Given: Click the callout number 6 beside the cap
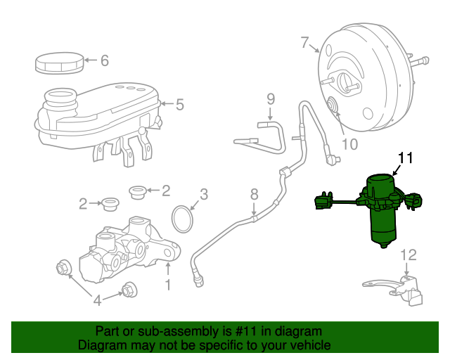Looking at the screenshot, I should (x=104, y=60).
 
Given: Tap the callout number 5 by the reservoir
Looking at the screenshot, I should (x=179, y=105).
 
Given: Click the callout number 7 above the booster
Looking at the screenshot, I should (x=304, y=44).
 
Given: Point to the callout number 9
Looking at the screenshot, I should (x=270, y=100).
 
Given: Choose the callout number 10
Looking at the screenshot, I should (x=349, y=144).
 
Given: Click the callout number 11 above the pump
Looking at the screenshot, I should (x=407, y=157).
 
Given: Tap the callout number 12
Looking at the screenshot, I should (x=409, y=255).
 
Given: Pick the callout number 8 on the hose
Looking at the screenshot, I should (x=255, y=193).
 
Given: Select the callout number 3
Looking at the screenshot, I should (x=203, y=193).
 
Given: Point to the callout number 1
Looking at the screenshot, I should (x=167, y=285).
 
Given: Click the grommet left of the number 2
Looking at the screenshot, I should (x=110, y=205).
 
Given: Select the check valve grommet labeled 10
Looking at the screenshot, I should (x=332, y=106).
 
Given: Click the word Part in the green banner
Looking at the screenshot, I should (x=108, y=331).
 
